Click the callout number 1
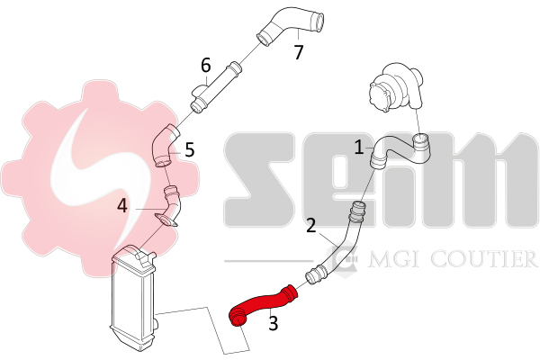pyautogui.click(x=359, y=148)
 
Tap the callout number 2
pyautogui.click(x=310, y=225)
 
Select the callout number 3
pyautogui.click(x=273, y=323)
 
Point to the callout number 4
pyautogui.click(x=122, y=206)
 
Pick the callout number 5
pyautogui.click(x=190, y=149)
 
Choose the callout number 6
pyautogui.click(x=205, y=65)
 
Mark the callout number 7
pyautogui.click(x=299, y=52)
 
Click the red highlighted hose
pyautogui.click(x=262, y=304)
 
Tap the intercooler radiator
pyautogui.click(x=132, y=298)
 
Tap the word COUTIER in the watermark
pyautogui.click(x=484, y=259)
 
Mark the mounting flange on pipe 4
pyautogui.click(x=166, y=220)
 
